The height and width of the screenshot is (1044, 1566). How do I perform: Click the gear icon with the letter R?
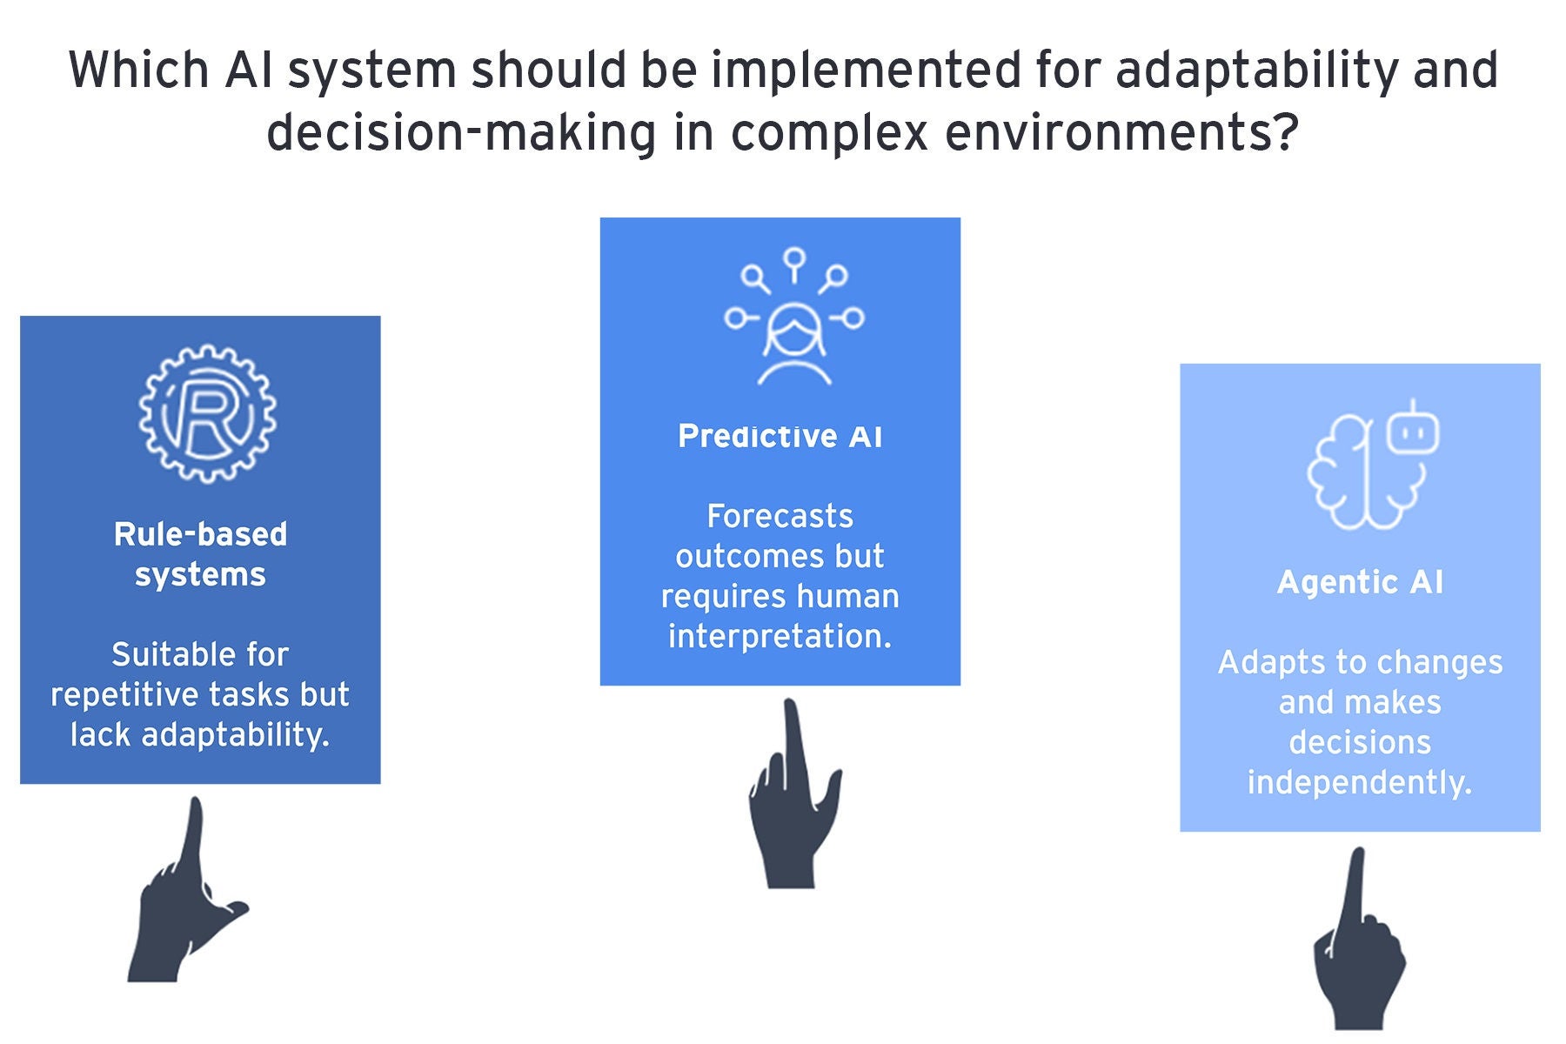click(x=207, y=413)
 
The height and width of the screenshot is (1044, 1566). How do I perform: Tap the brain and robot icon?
click(x=1373, y=465)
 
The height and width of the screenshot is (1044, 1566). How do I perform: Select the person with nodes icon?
click(x=793, y=317)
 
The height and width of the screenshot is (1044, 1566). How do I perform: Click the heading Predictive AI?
click(x=780, y=436)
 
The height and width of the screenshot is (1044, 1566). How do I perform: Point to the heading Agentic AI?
click(x=1360, y=582)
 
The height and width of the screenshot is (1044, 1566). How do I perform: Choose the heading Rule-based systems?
click(x=200, y=554)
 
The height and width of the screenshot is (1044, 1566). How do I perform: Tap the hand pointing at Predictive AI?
click(x=793, y=793)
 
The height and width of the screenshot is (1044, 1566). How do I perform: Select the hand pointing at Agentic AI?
click(x=1358, y=940)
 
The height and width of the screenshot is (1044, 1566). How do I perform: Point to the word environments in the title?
click(x=1121, y=133)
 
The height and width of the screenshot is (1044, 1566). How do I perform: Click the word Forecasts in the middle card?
click(x=780, y=516)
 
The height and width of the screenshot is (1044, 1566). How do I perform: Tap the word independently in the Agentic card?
click(x=1359, y=783)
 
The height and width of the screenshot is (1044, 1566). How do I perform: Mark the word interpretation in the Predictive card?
click(x=780, y=637)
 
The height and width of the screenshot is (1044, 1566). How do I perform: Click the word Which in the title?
click(x=138, y=70)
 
